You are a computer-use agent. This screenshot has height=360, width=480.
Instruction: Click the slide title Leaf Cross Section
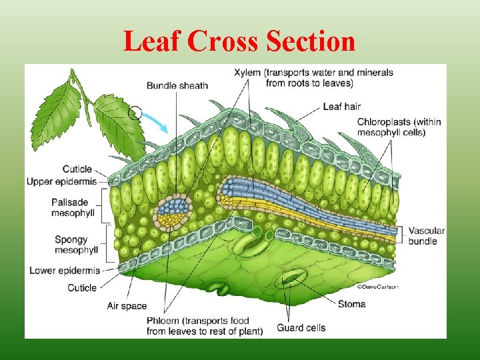(239, 42)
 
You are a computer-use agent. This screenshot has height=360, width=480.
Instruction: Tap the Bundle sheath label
(177, 85)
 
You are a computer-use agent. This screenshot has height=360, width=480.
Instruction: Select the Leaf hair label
(341, 106)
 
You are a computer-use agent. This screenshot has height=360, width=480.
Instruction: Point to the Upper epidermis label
(62, 181)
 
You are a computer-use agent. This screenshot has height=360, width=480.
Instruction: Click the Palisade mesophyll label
(73, 207)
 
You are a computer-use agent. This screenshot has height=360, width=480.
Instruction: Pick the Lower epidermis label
(65, 270)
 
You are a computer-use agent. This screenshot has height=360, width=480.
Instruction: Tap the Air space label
(127, 306)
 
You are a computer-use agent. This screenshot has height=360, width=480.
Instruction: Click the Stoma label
(351, 304)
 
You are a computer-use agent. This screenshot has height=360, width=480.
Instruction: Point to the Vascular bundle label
(426, 235)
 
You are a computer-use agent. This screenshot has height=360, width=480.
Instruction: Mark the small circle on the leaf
(135, 113)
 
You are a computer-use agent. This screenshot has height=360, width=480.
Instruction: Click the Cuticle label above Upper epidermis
(77, 169)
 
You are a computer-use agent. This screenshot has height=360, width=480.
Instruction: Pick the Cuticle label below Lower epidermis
(82, 287)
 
